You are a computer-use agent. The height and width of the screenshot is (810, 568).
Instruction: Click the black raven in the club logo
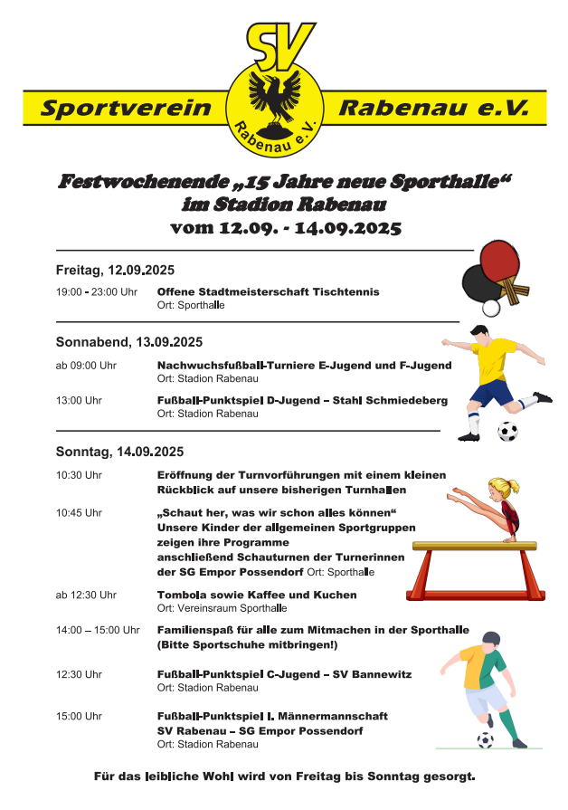click(x=272, y=97)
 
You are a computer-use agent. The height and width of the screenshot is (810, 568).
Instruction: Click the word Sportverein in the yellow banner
click(x=126, y=109)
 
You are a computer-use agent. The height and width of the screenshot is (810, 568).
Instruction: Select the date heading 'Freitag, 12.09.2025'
click(x=115, y=271)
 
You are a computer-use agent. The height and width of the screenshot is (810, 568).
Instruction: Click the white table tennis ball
click(x=491, y=308)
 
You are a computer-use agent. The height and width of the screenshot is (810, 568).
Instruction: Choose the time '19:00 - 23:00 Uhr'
click(x=97, y=292)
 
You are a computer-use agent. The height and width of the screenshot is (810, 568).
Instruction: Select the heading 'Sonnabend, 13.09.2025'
click(x=129, y=343)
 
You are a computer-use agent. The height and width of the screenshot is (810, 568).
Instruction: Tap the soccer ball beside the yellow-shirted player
click(x=507, y=431)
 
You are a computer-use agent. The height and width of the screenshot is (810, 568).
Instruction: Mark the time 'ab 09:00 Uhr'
click(x=86, y=366)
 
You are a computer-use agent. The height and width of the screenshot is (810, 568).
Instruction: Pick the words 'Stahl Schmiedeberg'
click(x=397, y=400)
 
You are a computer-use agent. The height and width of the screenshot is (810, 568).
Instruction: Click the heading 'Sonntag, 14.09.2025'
click(x=119, y=452)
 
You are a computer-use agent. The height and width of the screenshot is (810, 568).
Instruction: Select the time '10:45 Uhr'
click(x=79, y=512)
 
